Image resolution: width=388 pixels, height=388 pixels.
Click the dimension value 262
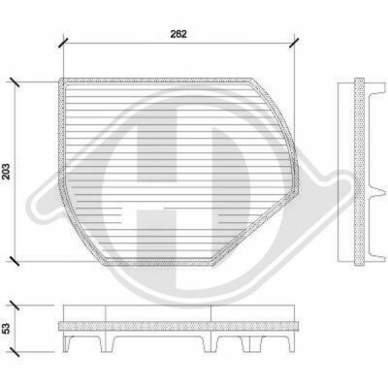tap(178, 34)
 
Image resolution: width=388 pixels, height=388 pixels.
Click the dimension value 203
tap(7, 172)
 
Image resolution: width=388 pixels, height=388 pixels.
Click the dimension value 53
tap(7, 329)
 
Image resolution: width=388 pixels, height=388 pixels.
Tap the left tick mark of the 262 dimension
tap(63, 43)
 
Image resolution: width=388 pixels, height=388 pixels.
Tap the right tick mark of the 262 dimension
tap(294, 43)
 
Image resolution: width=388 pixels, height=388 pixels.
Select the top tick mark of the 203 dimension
tap(15, 82)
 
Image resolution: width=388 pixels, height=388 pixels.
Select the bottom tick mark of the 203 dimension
tap(15, 261)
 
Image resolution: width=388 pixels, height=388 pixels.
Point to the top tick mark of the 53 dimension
tap(15, 305)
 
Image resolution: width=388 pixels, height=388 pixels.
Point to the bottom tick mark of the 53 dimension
tap(15, 352)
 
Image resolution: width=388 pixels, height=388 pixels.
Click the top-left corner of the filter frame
tap(60, 80)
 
